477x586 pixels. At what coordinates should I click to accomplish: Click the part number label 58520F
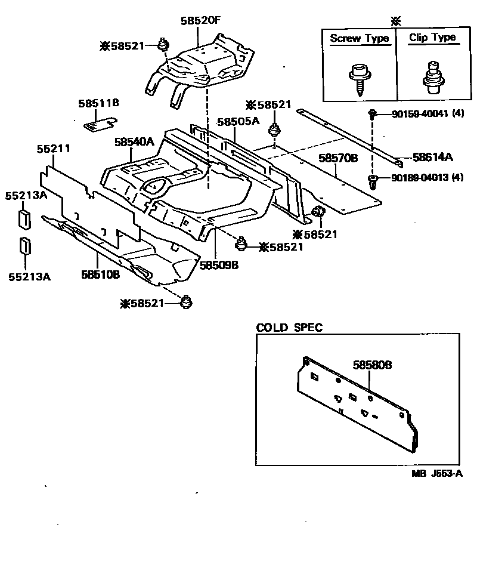click(201, 20)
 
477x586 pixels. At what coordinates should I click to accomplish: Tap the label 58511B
click(98, 103)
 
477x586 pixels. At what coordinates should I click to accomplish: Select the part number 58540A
click(134, 142)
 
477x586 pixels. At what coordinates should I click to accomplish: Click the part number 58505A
click(238, 121)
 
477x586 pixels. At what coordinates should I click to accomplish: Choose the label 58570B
click(337, 158)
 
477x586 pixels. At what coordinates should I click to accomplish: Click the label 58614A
click(432, 158)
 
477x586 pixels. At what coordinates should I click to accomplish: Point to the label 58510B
click(101, 274)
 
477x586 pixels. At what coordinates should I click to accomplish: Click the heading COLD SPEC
click(289, 328)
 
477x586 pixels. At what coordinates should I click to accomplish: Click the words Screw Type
click(359, 38)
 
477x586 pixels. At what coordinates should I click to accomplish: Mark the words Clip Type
click(432, 38)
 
